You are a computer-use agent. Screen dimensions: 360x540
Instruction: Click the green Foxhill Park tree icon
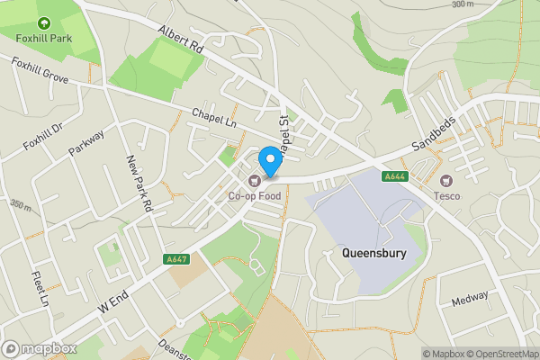(43, 23)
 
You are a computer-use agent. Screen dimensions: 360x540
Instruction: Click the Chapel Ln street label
(212, 118)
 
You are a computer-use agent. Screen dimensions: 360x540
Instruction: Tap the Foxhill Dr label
(42, 135)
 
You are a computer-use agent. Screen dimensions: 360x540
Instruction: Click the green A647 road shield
(176, 259)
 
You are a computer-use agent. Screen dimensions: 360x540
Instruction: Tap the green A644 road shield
(394, 176)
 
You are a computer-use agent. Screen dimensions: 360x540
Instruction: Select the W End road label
(114, 300)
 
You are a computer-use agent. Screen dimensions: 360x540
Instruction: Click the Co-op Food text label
(254, 195)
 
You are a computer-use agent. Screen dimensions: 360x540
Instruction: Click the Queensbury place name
(374, 254)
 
